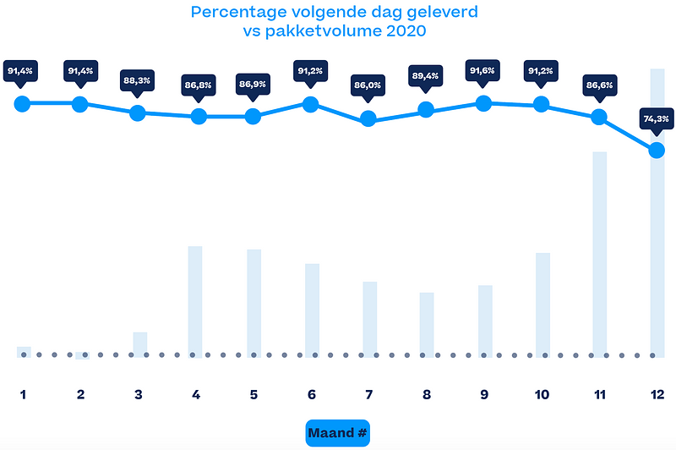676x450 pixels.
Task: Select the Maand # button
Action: (x=337, y=434)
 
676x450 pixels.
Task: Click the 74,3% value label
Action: (x=656, y=119)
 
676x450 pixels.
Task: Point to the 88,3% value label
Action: (x=138, y=82)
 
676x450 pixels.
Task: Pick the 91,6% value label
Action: (x=484, y=71)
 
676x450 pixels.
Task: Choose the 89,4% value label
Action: (x=426, y=78)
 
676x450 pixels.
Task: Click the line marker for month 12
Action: (x=656, y=150)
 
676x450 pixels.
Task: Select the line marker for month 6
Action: (x=310, y=104)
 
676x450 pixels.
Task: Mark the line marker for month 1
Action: (x=23, y=103)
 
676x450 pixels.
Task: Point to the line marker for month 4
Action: (x=199, y=116)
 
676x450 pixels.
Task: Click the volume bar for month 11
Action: (x=599, y=254)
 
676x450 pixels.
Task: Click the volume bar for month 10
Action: (x=542, y=304)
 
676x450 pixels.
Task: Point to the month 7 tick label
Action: (x=368, y=394)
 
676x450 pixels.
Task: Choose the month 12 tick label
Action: (x=656, y=394)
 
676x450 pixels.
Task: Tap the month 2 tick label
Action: (x=80, y=394)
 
